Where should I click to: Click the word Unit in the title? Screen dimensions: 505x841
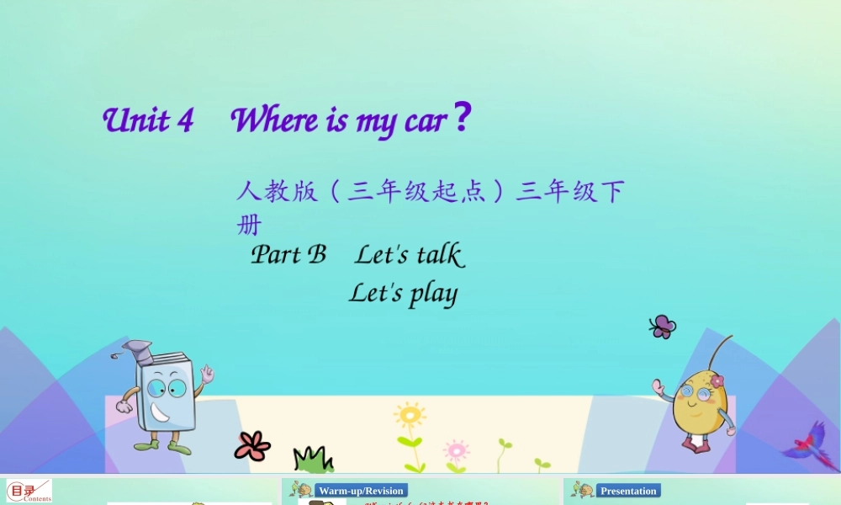pyautogui.click(x=135, y=120)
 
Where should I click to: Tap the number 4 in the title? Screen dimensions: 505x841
pyautogui.click(x=186, y=120)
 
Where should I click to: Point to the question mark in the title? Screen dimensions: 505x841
pyautogui.click(x=461, y=119)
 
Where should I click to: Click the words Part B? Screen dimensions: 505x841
pyautogui.click(x=288, y=254)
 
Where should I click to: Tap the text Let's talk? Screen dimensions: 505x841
pyautogui.click(x=409, y=254)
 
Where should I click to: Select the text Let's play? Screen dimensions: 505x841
pyautogui.click(x=403, y=294)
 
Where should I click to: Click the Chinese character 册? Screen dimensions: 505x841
pyautogui.click(x=249, y=225)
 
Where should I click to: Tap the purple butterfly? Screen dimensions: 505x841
pyautogui.click(x=663, y=327)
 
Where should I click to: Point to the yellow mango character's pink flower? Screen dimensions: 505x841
pyautogui.click(x=717, y=381)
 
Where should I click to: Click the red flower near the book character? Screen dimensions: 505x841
pyautogui.click(x=251, y=446)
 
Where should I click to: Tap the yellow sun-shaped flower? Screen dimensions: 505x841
pyautogui.click(x=410, y=416)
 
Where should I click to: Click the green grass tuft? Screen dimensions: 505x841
pyautogui.click(x=313, y=460)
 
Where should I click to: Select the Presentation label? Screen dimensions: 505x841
pyautogui.click(x=628, y=491)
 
